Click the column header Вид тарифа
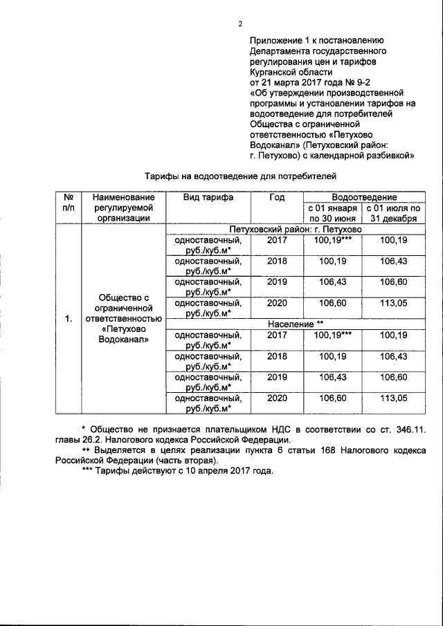208,197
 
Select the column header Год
277,197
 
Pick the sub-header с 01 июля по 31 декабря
392,213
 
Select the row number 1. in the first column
68,318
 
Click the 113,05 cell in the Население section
392,398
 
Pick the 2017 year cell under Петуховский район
277,240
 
